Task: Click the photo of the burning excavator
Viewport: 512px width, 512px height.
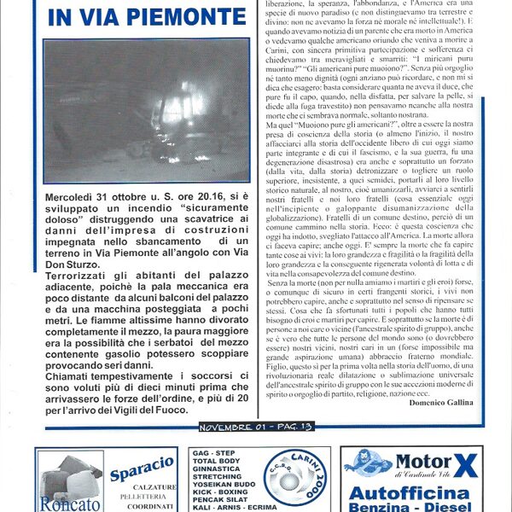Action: click(146, 110)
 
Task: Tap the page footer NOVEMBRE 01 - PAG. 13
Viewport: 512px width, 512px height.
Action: click(255, 426)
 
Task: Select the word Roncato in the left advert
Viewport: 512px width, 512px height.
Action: click(65, 503)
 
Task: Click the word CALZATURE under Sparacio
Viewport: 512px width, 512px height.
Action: click(147, 487)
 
